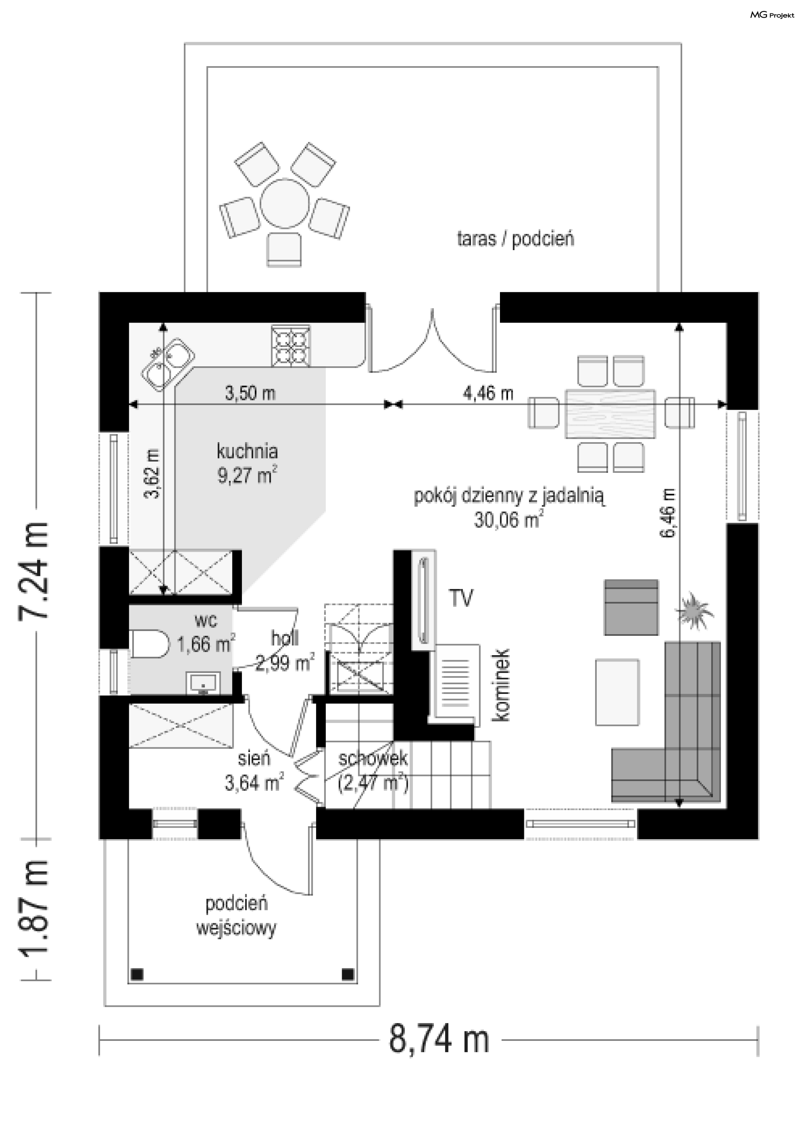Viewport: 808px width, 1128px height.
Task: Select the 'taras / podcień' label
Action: [515, 239]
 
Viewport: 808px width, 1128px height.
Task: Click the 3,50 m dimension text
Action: [250, 393]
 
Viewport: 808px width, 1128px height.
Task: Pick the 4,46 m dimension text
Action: [488, 393]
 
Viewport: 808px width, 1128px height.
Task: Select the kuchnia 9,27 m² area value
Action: [247, 475]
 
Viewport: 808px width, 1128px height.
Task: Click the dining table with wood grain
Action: [610, 414]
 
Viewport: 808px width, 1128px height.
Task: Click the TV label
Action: [461, 598]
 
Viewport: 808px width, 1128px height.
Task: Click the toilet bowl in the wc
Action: [149, 644]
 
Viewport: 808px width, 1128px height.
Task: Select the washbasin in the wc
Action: [203, 683]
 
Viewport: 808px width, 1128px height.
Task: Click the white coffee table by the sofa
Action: [617, 692]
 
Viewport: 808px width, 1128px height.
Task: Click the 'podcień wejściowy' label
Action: [236, 916]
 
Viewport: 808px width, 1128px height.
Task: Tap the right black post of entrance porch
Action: [348, 973]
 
